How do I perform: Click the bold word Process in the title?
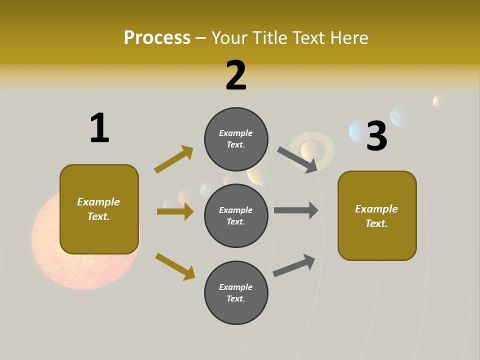pyautogui.click(x=157, y=38)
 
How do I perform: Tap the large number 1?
pyautogui.click(x=99, y=128)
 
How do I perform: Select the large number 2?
pyautogui.click(x=236, y=75)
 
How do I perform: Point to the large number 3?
pyautogui.click(x=377, y=136)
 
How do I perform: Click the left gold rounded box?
pyautogui.click(x=99, y=209)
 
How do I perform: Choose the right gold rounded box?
pyautogui.click(x=377, y=215)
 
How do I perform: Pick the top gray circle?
pyautogui.click(x=236, y=139)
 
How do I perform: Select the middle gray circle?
pyautogui.click(x=236, y=215)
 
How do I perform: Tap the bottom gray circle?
pyautogui.click(x=236, y=292)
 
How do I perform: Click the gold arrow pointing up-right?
pyautogui.click(x=174, y=159)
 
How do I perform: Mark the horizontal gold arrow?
pyautogui.click(x=175, y=211)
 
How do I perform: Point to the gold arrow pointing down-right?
pyautogui.click(x=175, y=266)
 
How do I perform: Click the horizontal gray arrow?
pyautogui.click(x=296, y=210)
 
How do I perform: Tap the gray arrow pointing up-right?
pyautogui.click(x=294, y=265)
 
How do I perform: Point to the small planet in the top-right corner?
pyautogui.click(x=438, y=101)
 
